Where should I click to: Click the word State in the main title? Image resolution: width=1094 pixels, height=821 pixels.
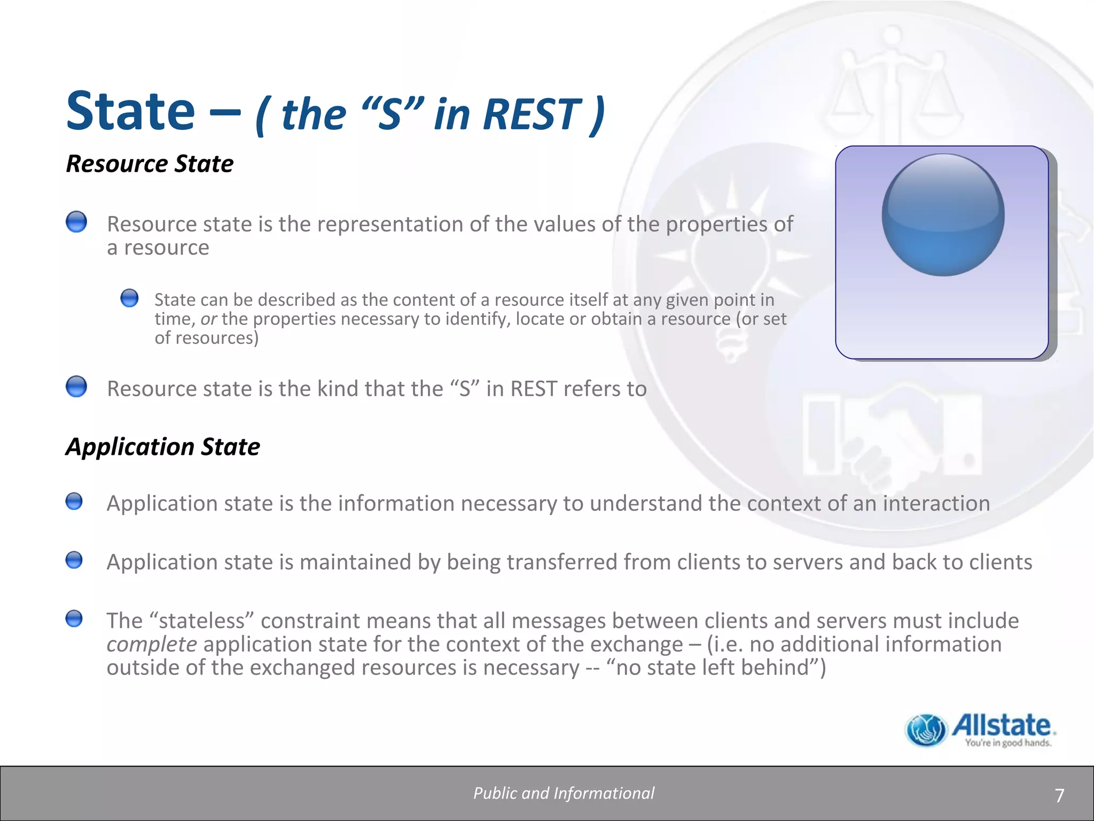(x=130, y=111)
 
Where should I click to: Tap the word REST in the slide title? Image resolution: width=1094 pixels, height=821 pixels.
(x=532, y=114)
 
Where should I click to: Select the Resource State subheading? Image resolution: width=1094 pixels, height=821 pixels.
(x=150, y=164)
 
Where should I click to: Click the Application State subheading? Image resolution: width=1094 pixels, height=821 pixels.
(x=162, y=446)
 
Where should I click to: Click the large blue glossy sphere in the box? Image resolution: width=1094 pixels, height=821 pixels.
(x=943, y=215)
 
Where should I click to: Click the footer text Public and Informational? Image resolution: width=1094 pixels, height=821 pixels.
(x=564, y=793)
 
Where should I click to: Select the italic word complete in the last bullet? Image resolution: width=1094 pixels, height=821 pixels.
(x=152, y=645)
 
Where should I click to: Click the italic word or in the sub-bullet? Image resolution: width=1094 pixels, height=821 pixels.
(x=208, y=319)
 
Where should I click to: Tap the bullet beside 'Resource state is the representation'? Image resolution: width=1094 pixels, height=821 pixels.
(x=76, y=221)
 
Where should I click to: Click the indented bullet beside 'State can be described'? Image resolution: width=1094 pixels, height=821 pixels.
(x=129, y=298)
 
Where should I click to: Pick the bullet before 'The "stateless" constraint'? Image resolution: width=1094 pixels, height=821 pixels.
(x=74, y=619)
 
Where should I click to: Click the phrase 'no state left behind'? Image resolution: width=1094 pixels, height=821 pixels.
(x=713, y=668)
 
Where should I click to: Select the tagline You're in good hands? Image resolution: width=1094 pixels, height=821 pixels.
(x=1007, y=743)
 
